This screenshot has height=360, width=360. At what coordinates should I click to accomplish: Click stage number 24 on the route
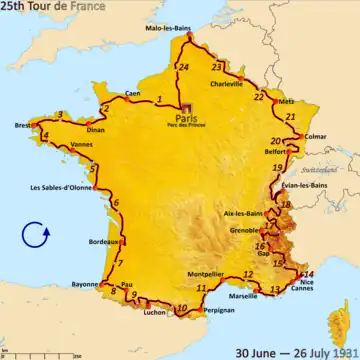click(x=183, y=67)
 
